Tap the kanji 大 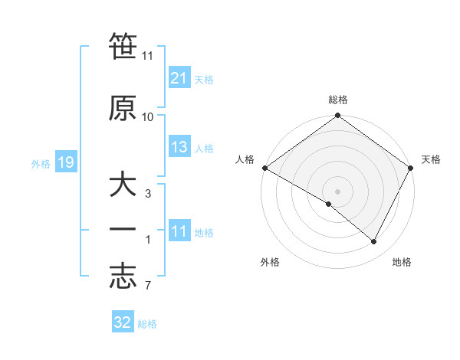123,186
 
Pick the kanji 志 123,277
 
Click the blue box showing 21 179,77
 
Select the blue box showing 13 179,147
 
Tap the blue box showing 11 179,232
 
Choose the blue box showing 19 65,162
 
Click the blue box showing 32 123,322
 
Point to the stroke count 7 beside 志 147,286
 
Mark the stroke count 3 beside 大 148,195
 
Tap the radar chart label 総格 338,100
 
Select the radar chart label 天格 431,159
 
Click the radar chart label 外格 270,263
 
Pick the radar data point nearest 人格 264,168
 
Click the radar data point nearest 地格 374,241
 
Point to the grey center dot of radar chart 337,191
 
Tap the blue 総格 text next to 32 147,324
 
